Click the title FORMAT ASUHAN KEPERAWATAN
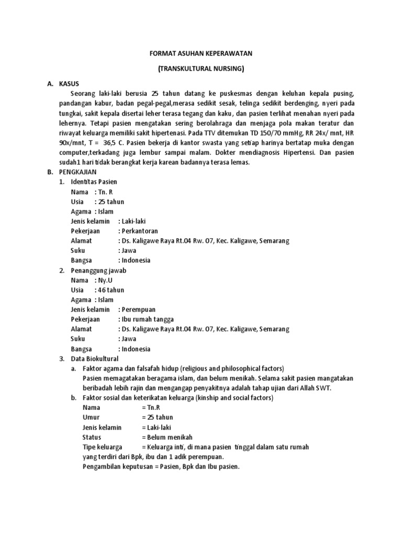click(x=200, y=53)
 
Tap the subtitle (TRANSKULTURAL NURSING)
click(x=200, y=69)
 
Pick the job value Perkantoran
click(x=139, y=231)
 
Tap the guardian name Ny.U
click(x=103, y=280)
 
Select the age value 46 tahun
click(x=110, y=290)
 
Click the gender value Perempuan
click(x=139, y=309)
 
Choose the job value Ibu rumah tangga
click(x=148, y=319)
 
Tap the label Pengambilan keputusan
click(x=117, y=466)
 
